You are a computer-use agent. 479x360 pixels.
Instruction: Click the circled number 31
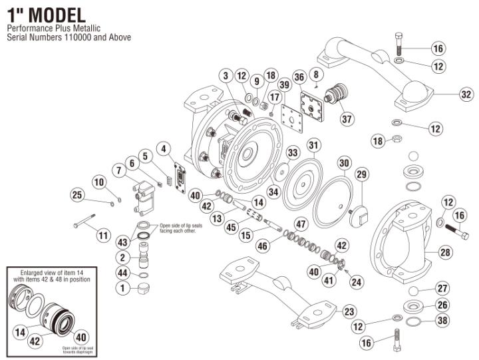point(313,145)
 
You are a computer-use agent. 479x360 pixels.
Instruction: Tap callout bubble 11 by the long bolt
point(103,235)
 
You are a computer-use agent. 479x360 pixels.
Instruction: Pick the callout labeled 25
point(78,194)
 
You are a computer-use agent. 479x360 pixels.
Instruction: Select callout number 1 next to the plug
point(122,288)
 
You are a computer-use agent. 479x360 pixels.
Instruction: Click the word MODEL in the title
point(61,14)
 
